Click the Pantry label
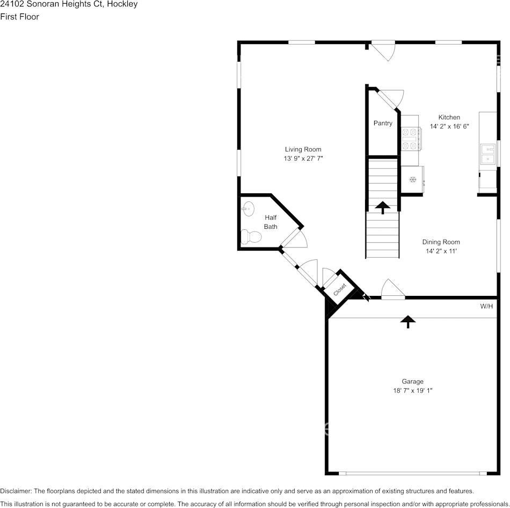(x=383, y=124)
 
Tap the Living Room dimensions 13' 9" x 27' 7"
(x=303, y=158)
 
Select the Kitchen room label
(x=449, y=118)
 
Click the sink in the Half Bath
(x=247, y=209)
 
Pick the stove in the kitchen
(x=412, y=139)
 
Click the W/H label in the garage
(x=486, y=307)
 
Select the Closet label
(x=340, y=289)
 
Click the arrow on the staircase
(x=383, y=207)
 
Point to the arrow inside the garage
(x=409, y=321)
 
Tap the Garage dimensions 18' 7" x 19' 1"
(x=412, y=391)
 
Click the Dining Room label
(x=441, y=242)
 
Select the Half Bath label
(x=271, y=222)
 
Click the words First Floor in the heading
(x=20, y=17)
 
